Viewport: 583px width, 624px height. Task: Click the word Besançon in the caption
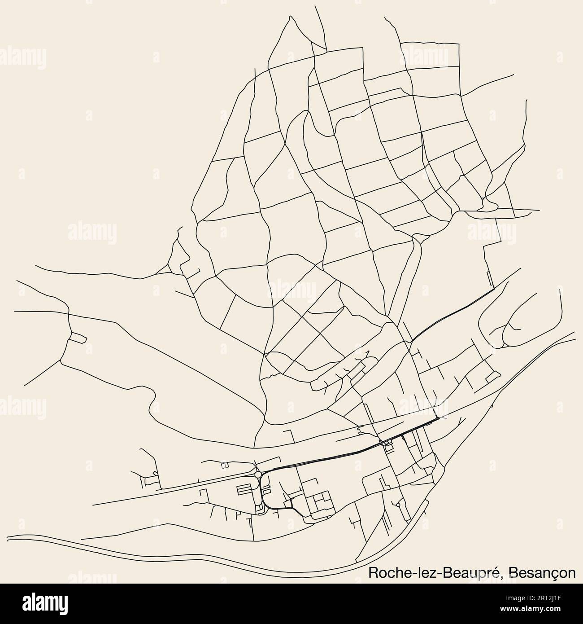coord(543,573)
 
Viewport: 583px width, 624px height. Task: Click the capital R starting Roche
coord(372,572)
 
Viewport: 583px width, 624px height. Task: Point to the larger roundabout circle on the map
coord(257,474)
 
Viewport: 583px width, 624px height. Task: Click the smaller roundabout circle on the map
coord(398,505)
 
